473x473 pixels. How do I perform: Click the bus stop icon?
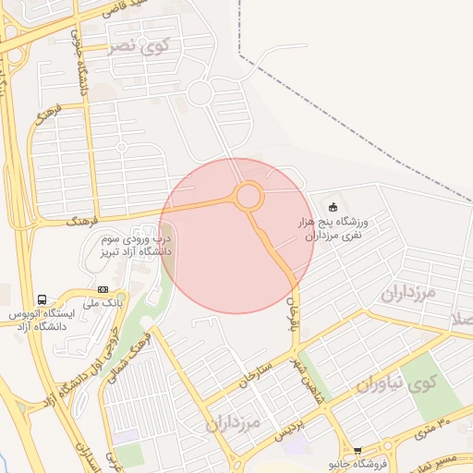(42, 299)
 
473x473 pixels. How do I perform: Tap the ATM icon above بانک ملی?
(102, 289)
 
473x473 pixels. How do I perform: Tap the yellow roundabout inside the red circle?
(248, 196)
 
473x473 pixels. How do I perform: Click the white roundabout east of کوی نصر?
(201, 93)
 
